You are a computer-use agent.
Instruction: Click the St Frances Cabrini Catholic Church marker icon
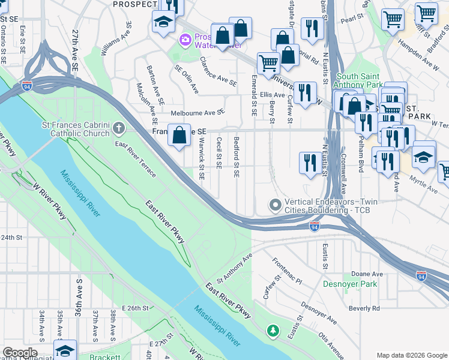click(119, 127)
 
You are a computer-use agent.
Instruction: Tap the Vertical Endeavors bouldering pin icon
click(276, 206)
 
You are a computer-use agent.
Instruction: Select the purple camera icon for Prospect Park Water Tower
click(185, 40)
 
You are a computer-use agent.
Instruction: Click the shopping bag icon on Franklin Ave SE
click(179, 136)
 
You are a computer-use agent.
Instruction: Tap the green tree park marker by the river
click(273, 331)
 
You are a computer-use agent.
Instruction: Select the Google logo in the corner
click(20, 353)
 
